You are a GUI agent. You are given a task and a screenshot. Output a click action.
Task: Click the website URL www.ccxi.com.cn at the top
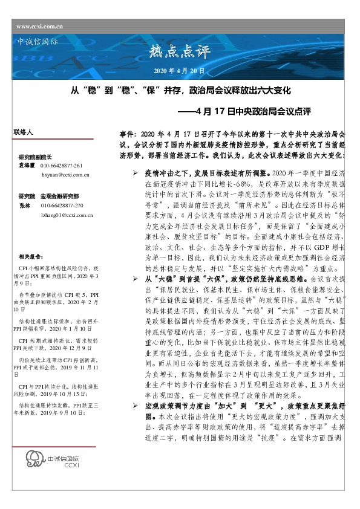(40, 27)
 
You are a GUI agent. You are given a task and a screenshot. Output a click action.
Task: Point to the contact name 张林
(24, 206)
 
